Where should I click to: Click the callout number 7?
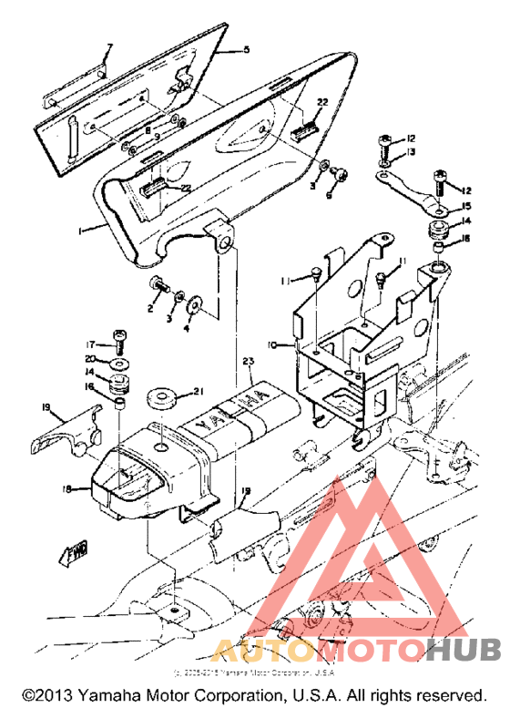pos(109,46)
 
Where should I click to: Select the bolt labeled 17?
pos(118,339)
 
